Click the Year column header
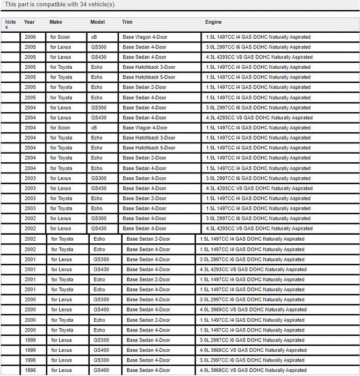pos(29,22)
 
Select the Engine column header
pos(213,22)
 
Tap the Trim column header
pos(127,22)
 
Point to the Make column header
pos(56,22)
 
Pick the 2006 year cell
pos(30,37)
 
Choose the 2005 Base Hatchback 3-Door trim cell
pos(149,67)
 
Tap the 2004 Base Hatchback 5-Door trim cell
pos(149,148)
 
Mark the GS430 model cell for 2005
pos(99,57)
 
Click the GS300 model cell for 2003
pos(99,178)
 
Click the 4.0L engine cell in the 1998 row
pos(253,371)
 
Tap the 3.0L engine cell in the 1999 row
pos(253,340)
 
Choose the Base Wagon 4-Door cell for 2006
pos(145,37)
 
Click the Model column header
pos(97,22)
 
